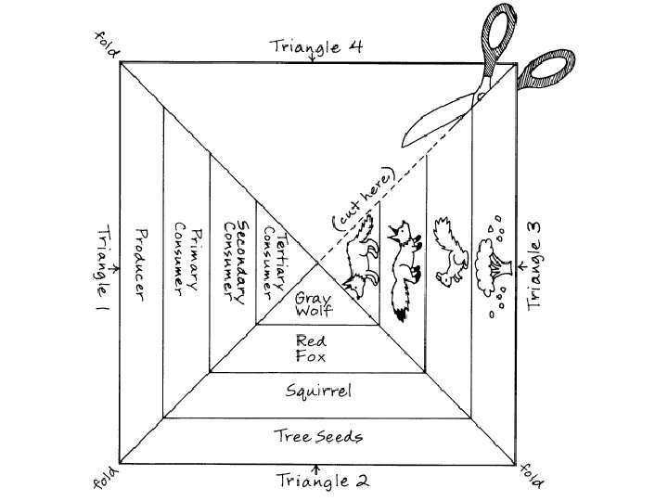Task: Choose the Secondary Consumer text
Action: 234,261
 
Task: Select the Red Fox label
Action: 313,347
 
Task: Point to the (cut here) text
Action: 365,199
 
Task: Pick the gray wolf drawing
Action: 360,264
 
